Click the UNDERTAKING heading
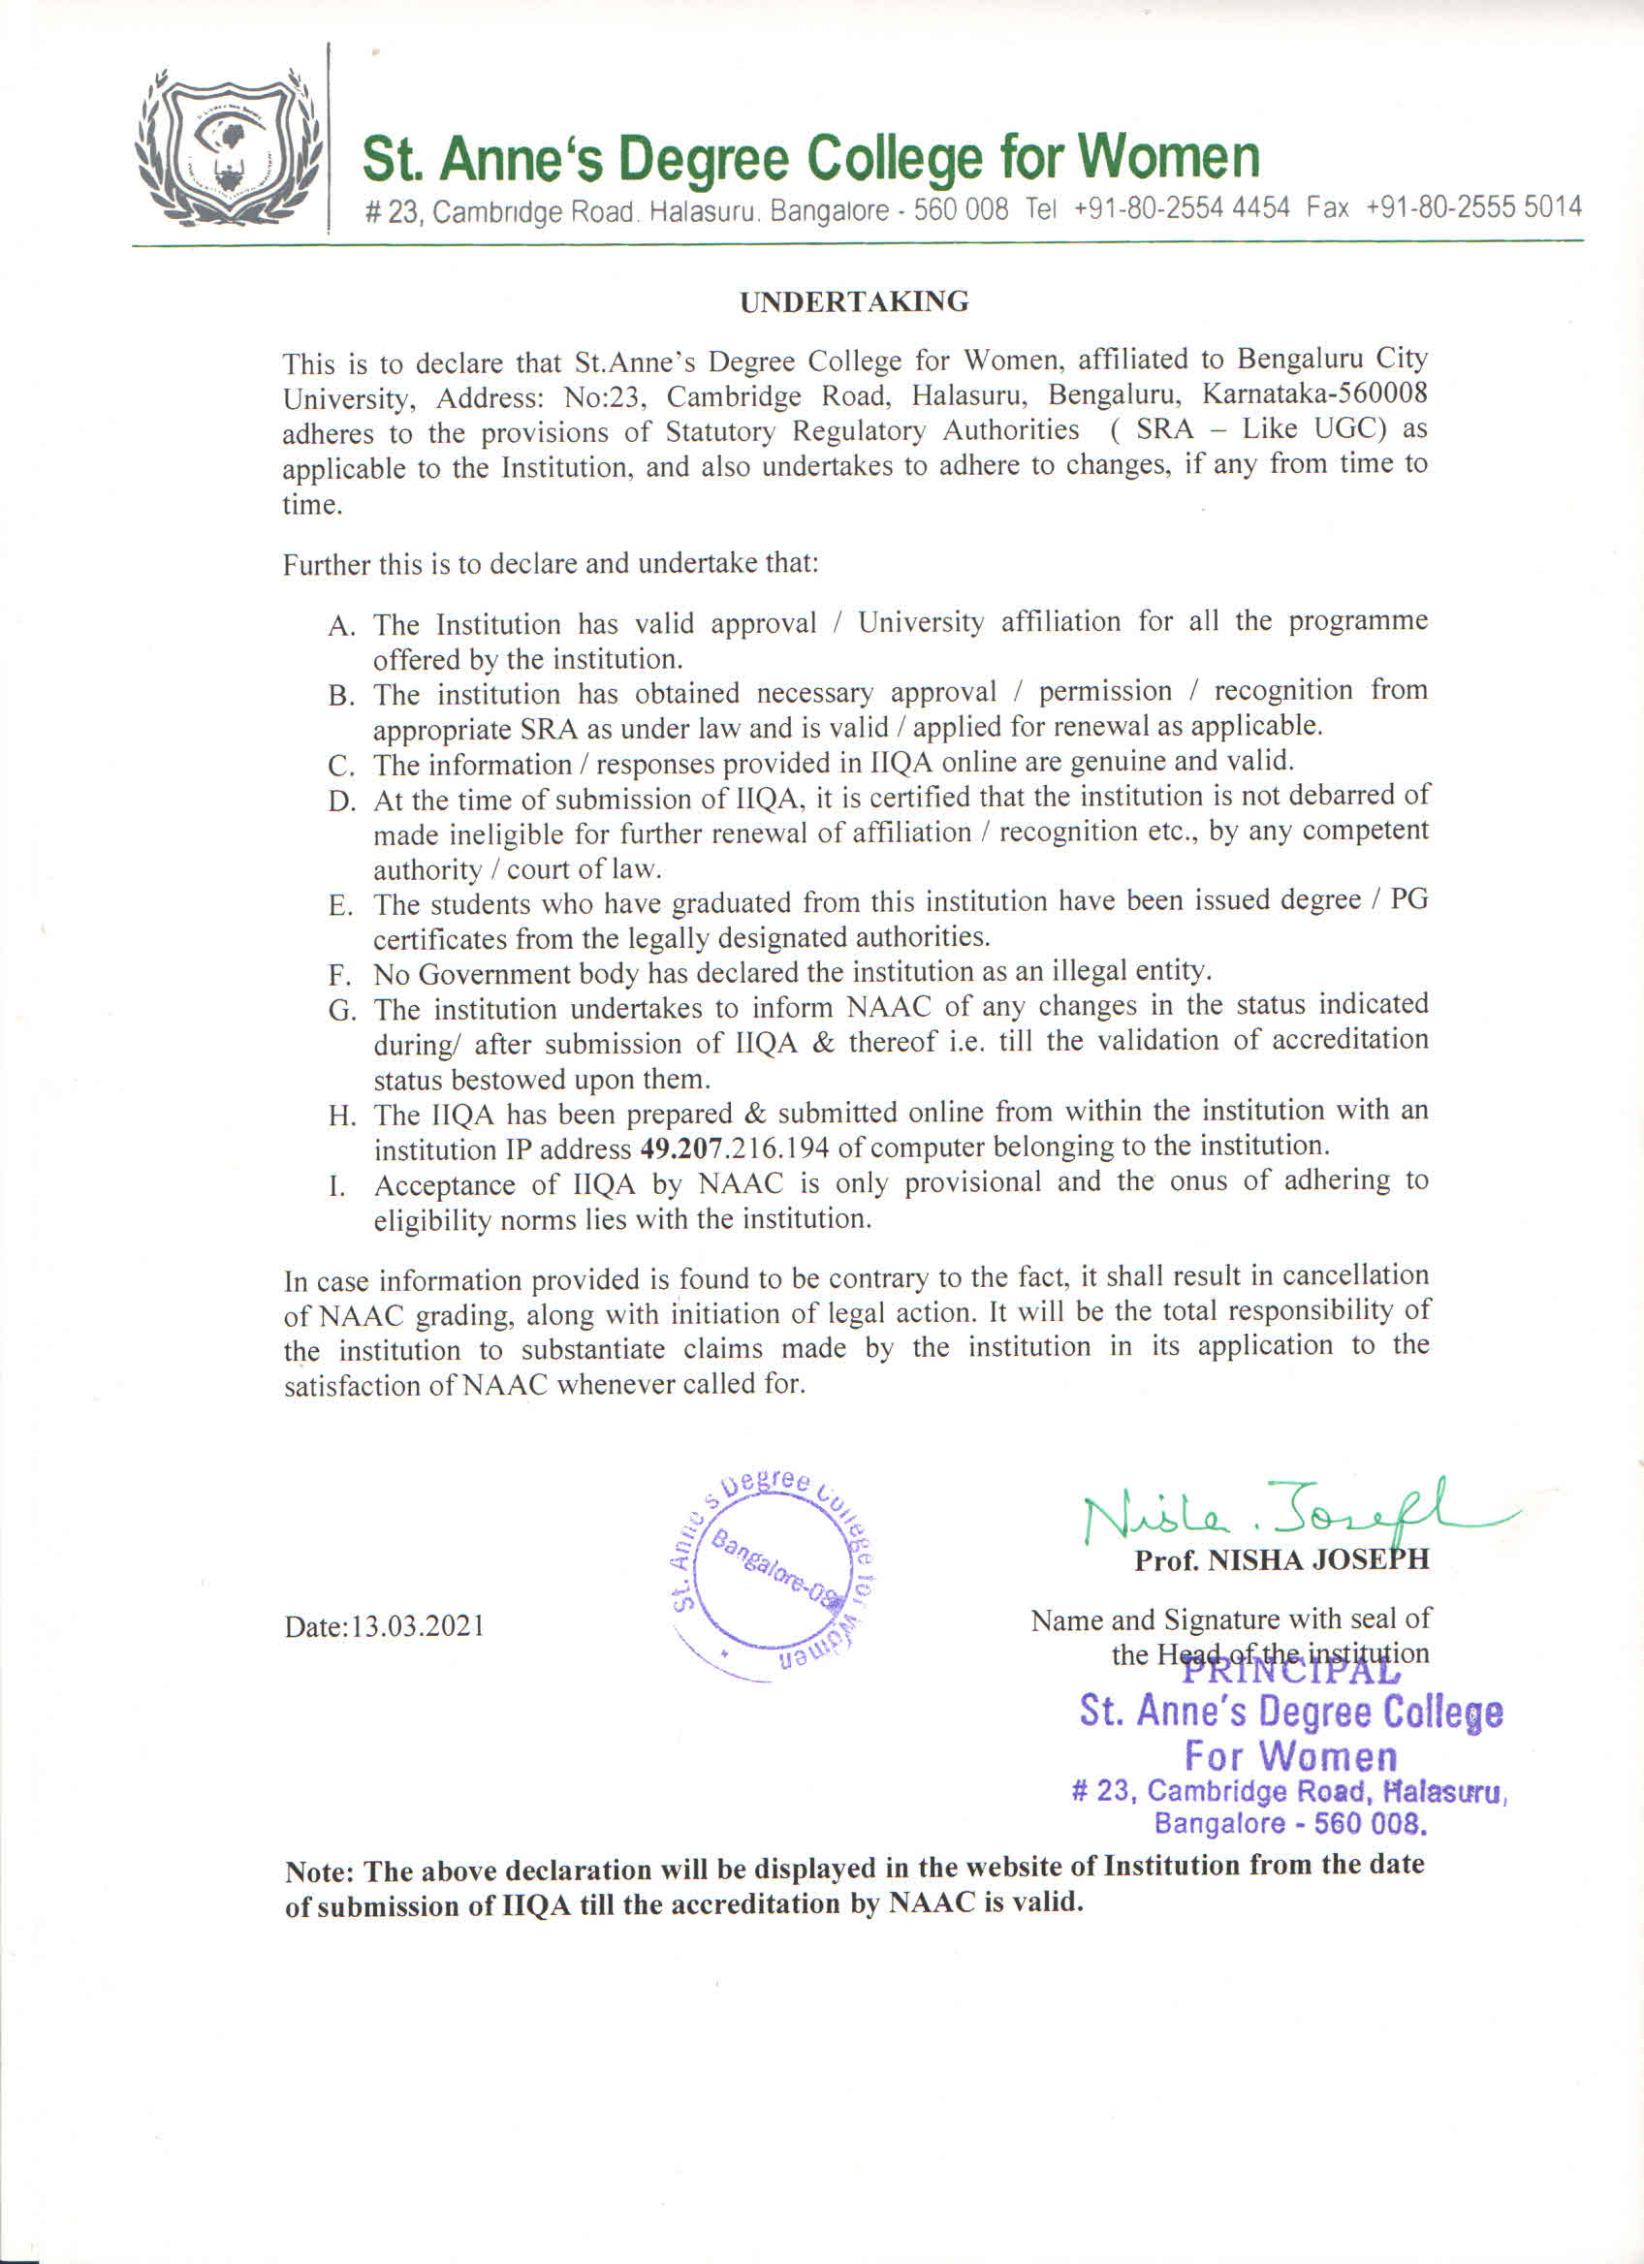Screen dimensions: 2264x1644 [x=853, y=301]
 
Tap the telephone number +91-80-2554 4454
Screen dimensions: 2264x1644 [x=1182, y=208]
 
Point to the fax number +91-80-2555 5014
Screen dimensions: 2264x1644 [x=1473, y=207]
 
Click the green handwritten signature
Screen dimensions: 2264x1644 [x=1287, y=1513]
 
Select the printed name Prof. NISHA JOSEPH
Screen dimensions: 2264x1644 [x=1280, y=1559]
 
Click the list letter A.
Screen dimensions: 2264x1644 [x=341, y=627]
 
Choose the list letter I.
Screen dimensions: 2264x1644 [x=337, y=1188]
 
